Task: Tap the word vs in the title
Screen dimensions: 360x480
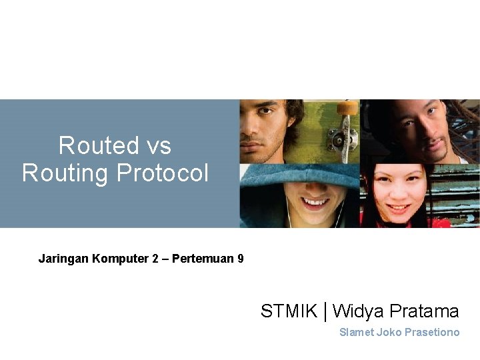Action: pyautogui.click(x=157, y=145)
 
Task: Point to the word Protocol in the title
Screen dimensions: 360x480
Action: pyautogui.click(x=162, y=173)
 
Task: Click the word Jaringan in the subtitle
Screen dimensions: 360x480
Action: pyautogui.click(x=61, y=258)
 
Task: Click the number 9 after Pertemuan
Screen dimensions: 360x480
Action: pyautogui.click(x=240, y=258)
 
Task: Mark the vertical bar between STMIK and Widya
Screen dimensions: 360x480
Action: pyautogui.click(x=325, y=311)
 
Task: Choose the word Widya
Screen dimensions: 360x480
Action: pyautogui.click(x=357, y=311)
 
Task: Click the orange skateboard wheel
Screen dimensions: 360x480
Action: pyautogui.click(x=347, y=108)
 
